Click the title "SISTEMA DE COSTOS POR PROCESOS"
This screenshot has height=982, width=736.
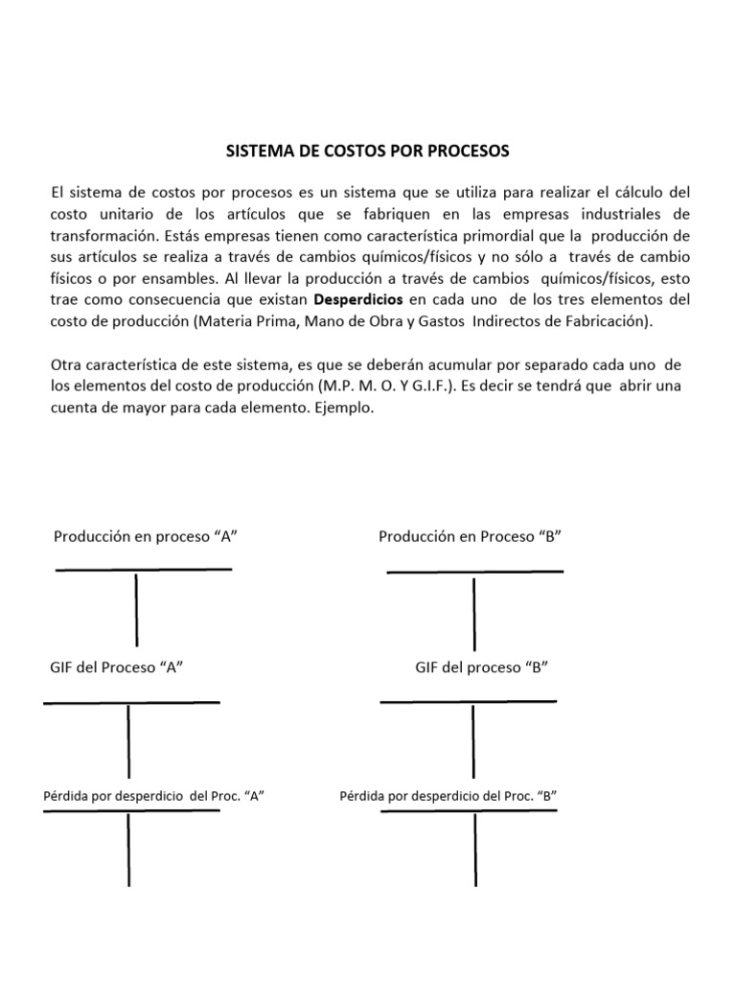tap(367, 152)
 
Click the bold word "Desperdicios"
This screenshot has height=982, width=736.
tap(358, 299)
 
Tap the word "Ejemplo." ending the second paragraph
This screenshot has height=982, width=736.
tap(344, 408)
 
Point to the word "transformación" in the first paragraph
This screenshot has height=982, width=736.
tap(103, 236)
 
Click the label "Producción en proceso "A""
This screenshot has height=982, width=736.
tap(145, 536)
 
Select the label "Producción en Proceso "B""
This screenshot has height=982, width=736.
tap(470, 536)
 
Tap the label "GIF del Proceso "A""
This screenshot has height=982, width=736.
tap(116, 667)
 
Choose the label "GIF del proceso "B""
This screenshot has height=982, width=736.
tap(481, 667)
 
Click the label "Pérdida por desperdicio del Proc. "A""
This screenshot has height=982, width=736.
tap(153, 795)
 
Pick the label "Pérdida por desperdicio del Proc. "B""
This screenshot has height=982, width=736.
tap(448, 795)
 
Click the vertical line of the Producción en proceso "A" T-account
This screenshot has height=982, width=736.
tap(136, 609)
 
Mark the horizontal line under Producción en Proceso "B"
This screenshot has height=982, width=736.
tap(474, 572)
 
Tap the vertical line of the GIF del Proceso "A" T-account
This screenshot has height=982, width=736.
tap(128, 740)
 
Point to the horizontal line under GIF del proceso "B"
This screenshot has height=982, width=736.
tap(468, 702)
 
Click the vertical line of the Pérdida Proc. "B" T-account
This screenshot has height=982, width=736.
tap(475, 849)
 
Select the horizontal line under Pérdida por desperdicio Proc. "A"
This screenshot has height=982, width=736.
tap(131, 811)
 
